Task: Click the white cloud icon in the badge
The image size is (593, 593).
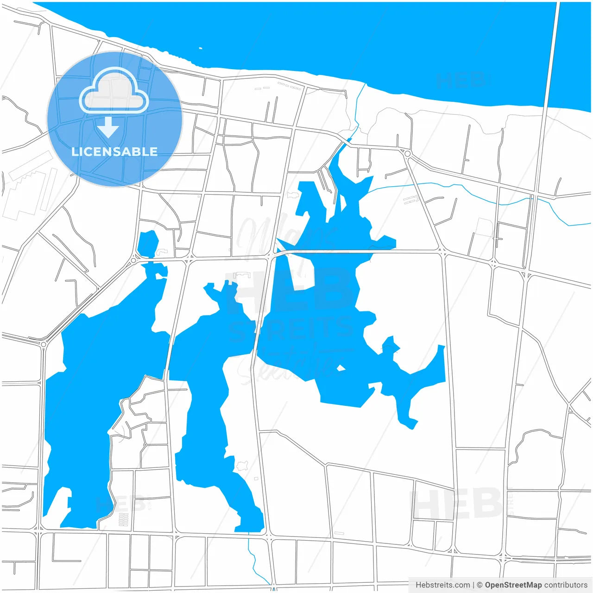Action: point(114,91)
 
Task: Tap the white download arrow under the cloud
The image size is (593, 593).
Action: point(108,127)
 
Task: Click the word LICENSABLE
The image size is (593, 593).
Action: point(114,151)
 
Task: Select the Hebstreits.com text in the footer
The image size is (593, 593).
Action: point(442,585)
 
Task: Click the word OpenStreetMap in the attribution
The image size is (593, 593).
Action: point(513,585)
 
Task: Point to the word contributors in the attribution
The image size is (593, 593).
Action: point(566,585)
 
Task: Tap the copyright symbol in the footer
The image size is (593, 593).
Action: point(479,585)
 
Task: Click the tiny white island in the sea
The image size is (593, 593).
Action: point(200,48)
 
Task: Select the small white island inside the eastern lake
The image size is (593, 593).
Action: point(341,368)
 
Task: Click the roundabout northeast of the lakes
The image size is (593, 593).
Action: point(407,153)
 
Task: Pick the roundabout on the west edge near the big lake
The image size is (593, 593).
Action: point(44,344)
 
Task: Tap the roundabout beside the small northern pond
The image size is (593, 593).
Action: point(133,260)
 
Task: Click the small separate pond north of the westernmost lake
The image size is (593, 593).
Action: point(148,243)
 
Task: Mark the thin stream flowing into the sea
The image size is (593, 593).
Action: point(357,107)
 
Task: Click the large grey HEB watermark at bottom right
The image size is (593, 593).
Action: point(456,504)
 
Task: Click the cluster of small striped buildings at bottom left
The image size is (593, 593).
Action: point(124,519)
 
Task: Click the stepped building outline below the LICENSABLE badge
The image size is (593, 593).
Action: point(25,190)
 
